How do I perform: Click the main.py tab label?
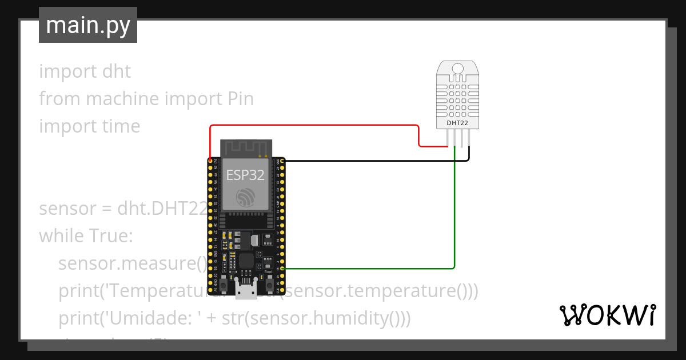(87, 25)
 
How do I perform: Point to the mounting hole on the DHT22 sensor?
(457, 69)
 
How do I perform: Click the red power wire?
(314, 125)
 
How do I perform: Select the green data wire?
(454, 217)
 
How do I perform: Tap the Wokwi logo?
(607, 314)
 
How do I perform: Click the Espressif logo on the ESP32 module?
(246, 197)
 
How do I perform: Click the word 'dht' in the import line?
(117, 71)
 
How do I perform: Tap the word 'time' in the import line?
(121, 126)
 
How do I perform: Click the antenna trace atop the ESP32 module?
(246, 147)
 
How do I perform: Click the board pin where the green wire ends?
(280, 268)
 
